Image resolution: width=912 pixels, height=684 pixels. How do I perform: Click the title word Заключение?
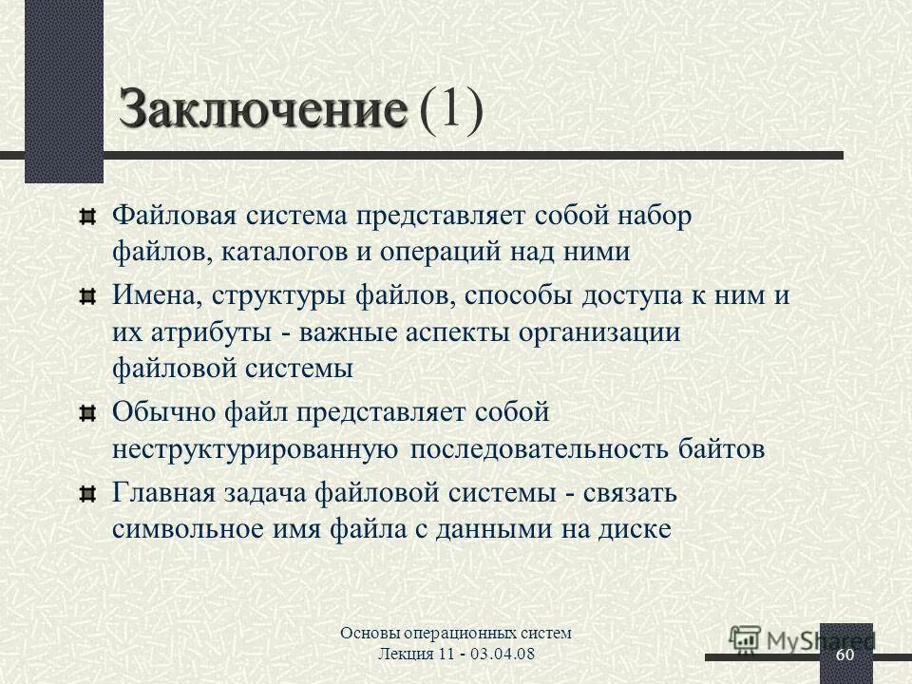(262, 110)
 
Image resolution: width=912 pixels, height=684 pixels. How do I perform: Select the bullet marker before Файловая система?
(88, 218)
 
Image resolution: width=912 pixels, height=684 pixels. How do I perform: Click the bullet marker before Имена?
(88, 297)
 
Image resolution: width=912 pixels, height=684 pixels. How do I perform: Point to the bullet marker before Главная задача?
(88, 493)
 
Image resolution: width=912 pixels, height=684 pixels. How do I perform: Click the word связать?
(630, 493)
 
